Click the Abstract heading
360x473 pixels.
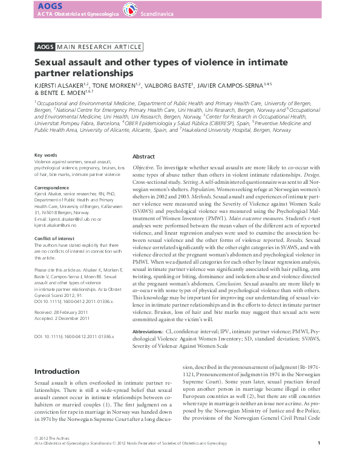[x=144, y=156]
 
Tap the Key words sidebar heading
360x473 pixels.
[x=45, y=155]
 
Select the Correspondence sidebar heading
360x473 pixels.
[x=52, y=188]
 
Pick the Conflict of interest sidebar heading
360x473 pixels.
[x=55, y=238]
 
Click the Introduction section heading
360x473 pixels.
[x=56, y=371]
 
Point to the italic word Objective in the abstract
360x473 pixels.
[x=143, y=166]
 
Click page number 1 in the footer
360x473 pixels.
[x=318, y=460]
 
